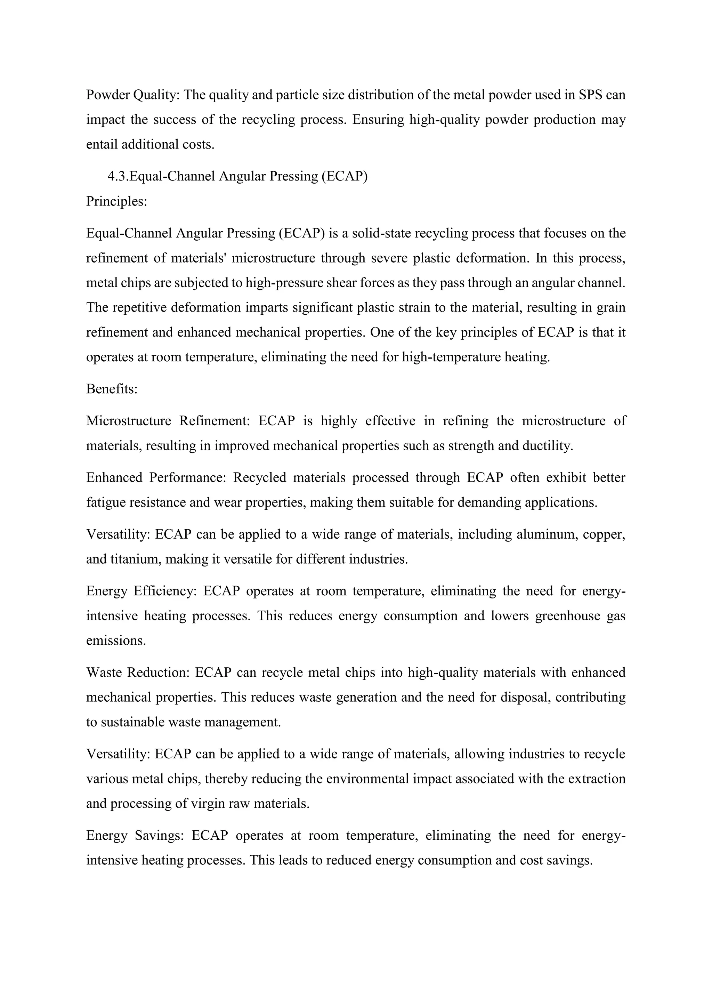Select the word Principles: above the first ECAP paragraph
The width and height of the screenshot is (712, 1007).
click(116, 201)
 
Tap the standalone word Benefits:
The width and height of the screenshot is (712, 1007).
click(112, 389)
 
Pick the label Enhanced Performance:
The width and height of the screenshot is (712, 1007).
click(156, 478)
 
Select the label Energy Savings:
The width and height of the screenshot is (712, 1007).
click(135, 836)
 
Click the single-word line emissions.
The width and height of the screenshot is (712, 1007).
click(116, 641)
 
